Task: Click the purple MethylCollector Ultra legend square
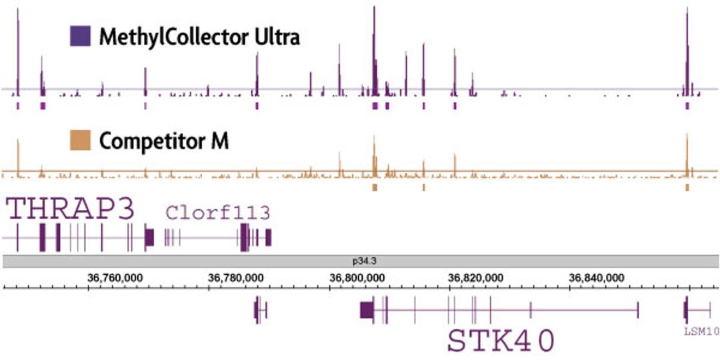(x=80, y=36)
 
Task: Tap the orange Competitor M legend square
(x=80, y=141)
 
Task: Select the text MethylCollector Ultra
(x=199, y=37)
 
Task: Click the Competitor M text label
(x=164, y=141)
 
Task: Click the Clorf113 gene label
(x=217, y=213)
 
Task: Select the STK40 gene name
(x=501, y=341)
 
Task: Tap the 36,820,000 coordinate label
(x=482, y=277)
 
